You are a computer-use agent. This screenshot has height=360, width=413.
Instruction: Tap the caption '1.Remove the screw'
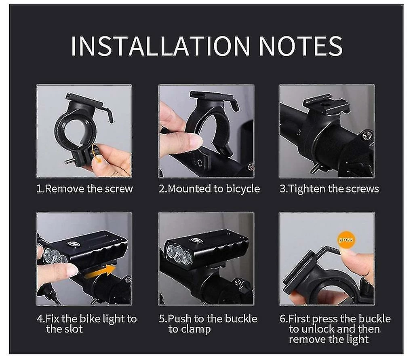[x=84, y=189]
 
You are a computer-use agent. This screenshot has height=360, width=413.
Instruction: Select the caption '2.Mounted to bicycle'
[x=209, y=189]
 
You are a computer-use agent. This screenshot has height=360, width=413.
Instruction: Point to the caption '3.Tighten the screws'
[x=329, y=189]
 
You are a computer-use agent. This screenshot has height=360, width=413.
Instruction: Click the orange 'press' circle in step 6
[x=346, y=240]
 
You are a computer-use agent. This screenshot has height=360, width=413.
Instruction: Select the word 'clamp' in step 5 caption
[x=195, y=329]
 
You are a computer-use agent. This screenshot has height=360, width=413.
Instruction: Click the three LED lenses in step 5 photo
[x=178, y=254]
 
